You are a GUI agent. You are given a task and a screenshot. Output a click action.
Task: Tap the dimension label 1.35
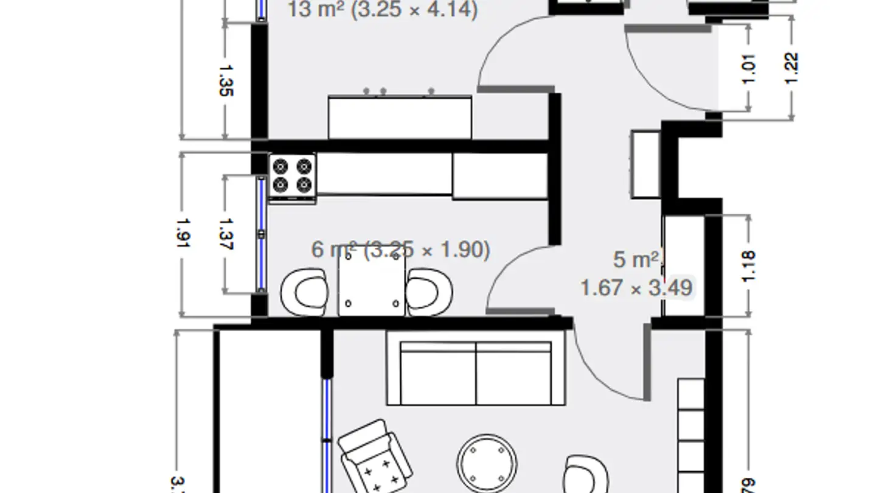click(225, 80)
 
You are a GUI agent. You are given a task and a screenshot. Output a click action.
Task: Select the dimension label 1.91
click(182, 234)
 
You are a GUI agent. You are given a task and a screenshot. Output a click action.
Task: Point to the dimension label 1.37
click(225, 234)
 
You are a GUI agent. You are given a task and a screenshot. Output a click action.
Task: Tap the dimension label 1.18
click(748, 265)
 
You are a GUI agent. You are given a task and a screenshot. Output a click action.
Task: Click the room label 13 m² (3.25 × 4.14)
click(383, 10)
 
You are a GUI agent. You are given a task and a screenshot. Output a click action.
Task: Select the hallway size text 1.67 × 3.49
click(636, 287)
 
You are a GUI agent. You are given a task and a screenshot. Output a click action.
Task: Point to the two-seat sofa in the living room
click(476, 373)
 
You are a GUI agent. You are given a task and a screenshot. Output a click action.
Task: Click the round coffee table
click(487, 464)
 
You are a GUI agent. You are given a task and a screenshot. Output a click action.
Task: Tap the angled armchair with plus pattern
click(375, 458)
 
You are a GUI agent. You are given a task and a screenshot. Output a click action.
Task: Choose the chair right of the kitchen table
click(429, 292)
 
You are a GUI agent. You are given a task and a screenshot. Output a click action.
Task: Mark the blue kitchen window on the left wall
click(261, 234)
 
